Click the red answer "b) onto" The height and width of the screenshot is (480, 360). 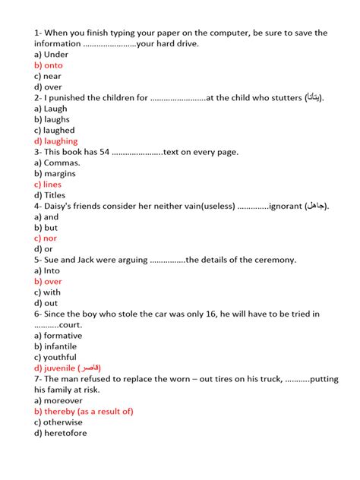[48, 65]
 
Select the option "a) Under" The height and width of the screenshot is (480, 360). [51, 55]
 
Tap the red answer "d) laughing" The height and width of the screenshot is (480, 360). [55, 141]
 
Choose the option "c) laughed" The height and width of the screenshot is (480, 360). [54, 130]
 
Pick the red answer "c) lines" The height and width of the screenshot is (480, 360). [48, 185]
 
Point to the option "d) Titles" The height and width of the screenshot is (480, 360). [49, 195]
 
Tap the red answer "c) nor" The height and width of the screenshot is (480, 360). [45, 238]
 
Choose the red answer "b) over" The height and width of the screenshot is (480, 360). [47, 281]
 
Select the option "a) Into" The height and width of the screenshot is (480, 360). [46, 270]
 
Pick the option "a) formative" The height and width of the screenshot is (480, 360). [58, 336]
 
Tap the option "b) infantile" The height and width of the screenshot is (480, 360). [55, 346]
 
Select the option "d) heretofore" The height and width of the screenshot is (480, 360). [60, 433]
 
